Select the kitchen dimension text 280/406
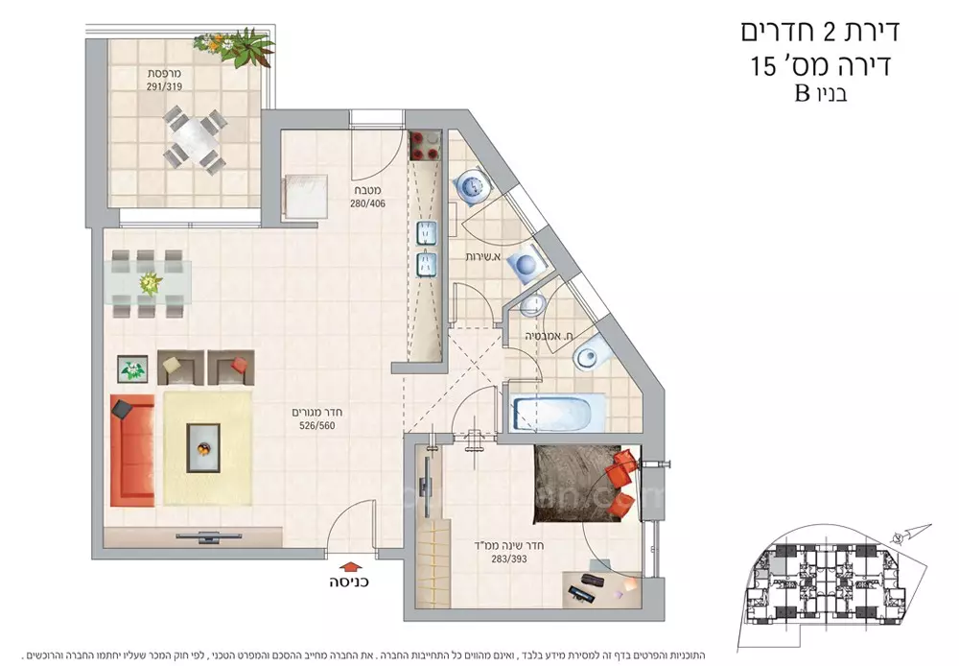tap(368, 203)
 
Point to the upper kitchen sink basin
tap(426, 232)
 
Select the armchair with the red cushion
tap(230, 366)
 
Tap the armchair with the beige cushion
tap(179, 366)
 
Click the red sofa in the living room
tap(131, 449)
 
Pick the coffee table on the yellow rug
tap(202, 446)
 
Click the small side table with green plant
tap(132, 369)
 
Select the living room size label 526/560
tap(316, 427)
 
